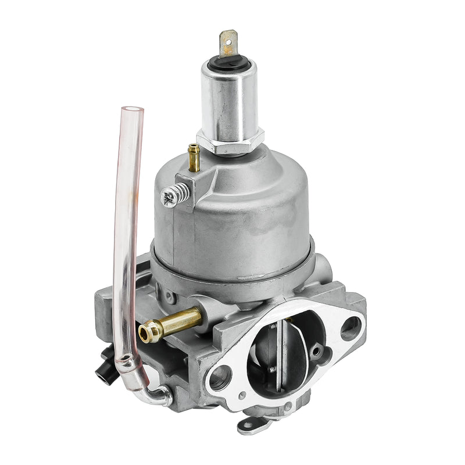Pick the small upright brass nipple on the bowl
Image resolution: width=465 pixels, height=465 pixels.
click(x=194, y=157)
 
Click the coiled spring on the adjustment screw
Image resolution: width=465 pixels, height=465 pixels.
click(x=180, y=192)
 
